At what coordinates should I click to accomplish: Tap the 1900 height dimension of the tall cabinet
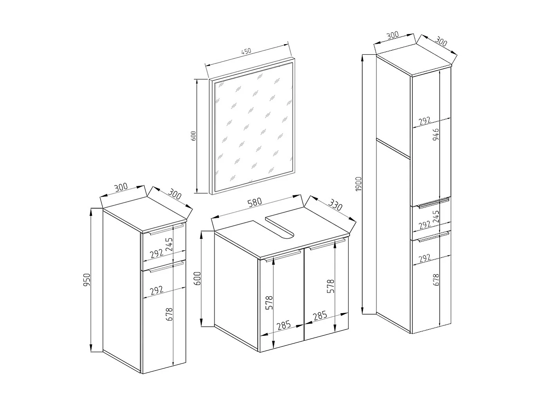click(x=359, y=185)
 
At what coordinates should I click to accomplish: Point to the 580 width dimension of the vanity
click(x=255, y=202)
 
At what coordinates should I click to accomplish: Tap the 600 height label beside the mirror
click(x=193, y=136)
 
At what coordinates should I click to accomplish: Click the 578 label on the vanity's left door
click(x=269, y=303)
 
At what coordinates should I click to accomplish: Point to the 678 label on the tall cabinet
click(x=436, y=280)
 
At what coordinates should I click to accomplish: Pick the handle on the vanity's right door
click(x=326, y=246)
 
